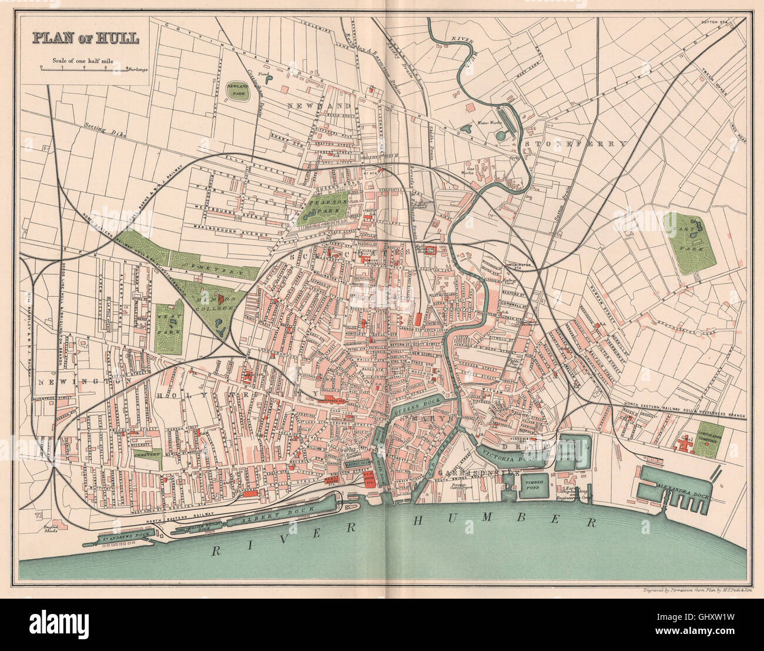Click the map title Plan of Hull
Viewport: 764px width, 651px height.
[x=85, y=38]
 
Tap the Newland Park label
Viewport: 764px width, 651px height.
[x=239, y=90]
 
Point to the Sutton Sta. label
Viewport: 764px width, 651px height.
[x=715, y=22]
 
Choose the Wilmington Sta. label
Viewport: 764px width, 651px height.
[x=519, y=265]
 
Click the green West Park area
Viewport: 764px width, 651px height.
[x=169, y=327]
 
